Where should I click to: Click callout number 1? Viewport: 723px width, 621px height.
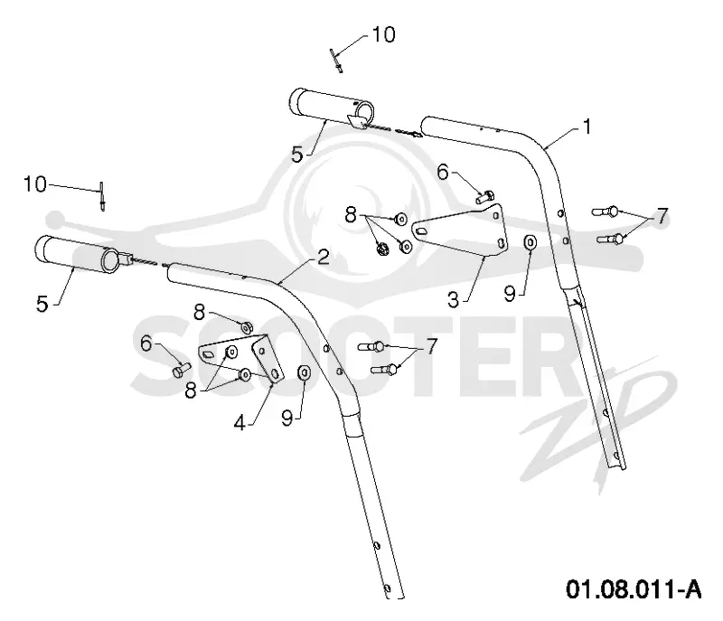(x=587, y=127)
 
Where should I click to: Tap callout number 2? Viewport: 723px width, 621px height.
(x=324, y=258)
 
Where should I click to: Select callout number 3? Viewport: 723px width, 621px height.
(x=454, y=300)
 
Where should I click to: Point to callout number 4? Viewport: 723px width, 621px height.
(x=239, y=422)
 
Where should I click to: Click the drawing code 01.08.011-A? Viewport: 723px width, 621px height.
(x=634, y=589)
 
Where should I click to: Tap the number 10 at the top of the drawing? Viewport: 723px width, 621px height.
(x=383, y=34)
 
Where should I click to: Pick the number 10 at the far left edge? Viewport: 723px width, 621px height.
(x=35, y=184)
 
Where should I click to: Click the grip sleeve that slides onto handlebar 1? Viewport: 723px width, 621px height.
(x=331, y=108)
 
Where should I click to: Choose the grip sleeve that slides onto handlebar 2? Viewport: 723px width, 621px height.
(x=80, y=255)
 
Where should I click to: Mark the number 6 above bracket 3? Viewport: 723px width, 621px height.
(x=443, y=173)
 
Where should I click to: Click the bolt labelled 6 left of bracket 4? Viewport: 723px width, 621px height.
(x=182, y=370)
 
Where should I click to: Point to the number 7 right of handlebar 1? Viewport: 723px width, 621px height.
(x=662, y=216)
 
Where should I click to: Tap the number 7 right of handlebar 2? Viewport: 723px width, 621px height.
(x=431, y=346)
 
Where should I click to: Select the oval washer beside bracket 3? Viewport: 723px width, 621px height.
(x=530, y=242)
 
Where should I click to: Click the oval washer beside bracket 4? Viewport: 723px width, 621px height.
(x=305, y=372)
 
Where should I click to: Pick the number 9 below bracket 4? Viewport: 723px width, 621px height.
(x=287, y=419)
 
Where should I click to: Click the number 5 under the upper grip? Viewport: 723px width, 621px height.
(x=298, y=155)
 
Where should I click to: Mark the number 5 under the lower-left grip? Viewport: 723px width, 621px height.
(x=42, y=305)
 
